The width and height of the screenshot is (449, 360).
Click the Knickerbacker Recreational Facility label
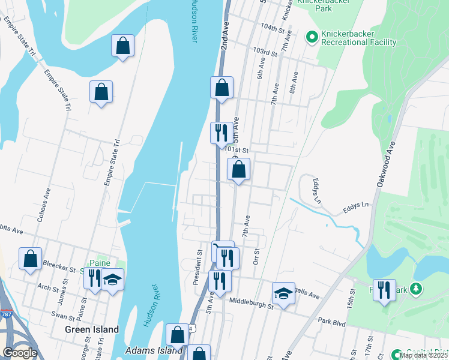click(359, 37)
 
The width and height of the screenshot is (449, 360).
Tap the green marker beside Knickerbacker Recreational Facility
click(312, 37)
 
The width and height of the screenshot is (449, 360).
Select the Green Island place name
click(92, 329)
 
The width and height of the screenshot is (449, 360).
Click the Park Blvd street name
click(332, 322)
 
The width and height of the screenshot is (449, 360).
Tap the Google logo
click(20, 353)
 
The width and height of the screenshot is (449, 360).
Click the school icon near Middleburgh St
click(283, 293)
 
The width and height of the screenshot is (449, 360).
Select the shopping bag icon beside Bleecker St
click(30, 259)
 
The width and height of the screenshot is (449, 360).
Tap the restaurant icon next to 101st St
click(221, 132)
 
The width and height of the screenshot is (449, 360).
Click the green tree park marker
click(415, 290)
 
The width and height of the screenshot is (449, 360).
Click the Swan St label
click(62, 314)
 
